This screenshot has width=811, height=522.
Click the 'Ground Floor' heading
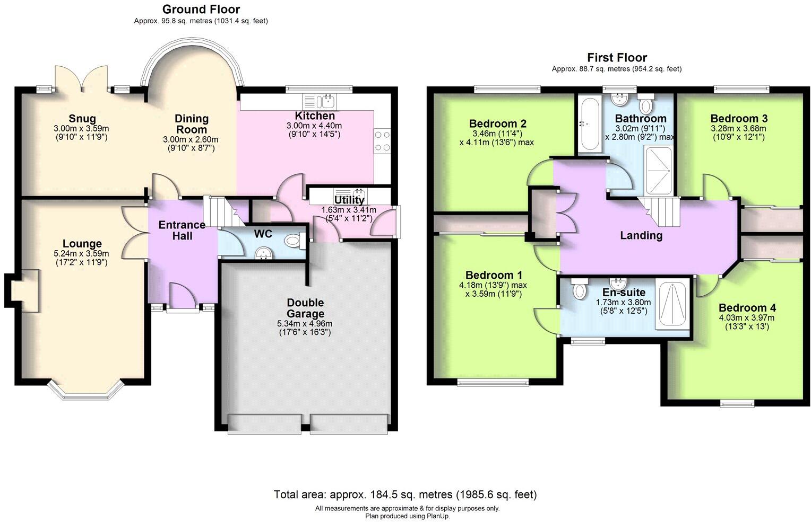[x=201, y=9]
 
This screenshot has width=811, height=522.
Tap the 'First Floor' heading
[x=617, y=57]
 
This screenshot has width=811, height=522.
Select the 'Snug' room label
[x=82, y=118]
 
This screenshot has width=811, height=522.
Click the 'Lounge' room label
[x=82, y=244]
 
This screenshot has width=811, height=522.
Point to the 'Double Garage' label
[x=305, y=308]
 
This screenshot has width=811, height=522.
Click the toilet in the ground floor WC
[x=293, y=242]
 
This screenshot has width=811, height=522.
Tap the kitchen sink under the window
[x=319, y=100]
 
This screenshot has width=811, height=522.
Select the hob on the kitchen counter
[x=382, y=141]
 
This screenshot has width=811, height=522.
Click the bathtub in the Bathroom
[x=589, y=123]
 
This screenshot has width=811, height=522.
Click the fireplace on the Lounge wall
[x=22, y=289]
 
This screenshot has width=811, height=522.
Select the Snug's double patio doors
[x=81, y=78]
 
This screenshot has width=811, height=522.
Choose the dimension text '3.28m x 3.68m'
[x=739, y=128]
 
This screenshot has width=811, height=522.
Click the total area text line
[x=405, y=494]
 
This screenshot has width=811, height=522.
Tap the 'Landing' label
[x=641, y=235]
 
